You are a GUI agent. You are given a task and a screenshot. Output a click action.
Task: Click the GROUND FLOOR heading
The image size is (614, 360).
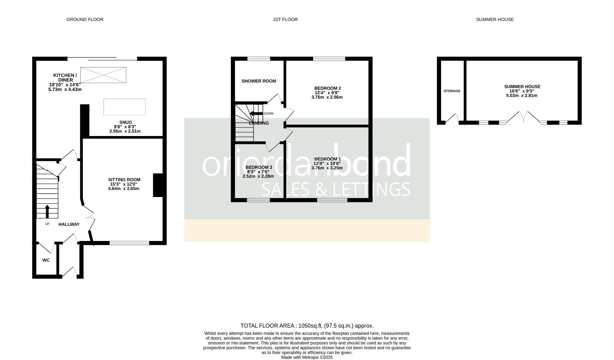[x=85, y=19]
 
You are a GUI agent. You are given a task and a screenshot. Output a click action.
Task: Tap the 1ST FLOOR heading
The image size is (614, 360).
[x=285, y=19]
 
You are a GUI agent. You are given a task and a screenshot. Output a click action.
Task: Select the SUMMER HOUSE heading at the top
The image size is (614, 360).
[x=495, y=19]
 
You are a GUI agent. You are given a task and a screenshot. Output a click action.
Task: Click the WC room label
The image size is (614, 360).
[x=46, y=260]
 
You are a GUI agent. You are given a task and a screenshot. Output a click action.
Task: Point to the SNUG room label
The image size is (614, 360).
[x=126, y=122]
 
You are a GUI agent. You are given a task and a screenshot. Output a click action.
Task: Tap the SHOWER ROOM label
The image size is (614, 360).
[x=259, y=81]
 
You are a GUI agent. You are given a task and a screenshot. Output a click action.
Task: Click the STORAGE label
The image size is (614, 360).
[x=452, y=91]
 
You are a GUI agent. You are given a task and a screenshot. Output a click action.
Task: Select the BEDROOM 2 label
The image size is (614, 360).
[x=327, y=88]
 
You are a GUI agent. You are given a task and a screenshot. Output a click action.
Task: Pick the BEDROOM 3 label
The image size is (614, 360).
[x=259, y=167]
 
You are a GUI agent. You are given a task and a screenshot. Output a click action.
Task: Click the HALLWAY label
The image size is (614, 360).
[x=69, y=224]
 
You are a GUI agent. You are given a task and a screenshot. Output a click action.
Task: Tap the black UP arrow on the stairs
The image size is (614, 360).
[x=47, y=211]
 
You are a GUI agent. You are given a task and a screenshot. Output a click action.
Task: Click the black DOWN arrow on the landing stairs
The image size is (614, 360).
[x=256, y=113]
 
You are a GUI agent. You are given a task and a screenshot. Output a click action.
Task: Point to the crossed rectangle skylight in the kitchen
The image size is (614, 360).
[x=103, y=75]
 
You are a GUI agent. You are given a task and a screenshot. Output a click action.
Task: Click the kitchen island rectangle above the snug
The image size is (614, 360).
[x=125, y=107]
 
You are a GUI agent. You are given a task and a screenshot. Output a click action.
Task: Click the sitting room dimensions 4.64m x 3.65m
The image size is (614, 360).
[x=124, y=189]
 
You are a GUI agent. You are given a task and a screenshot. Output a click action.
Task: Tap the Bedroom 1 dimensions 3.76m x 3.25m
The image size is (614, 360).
[x=327, y=168]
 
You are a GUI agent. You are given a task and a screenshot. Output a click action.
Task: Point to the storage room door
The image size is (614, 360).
[x=452, y=119]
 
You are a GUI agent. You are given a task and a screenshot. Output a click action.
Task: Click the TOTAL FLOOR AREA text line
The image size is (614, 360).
[x=307, y=326]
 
